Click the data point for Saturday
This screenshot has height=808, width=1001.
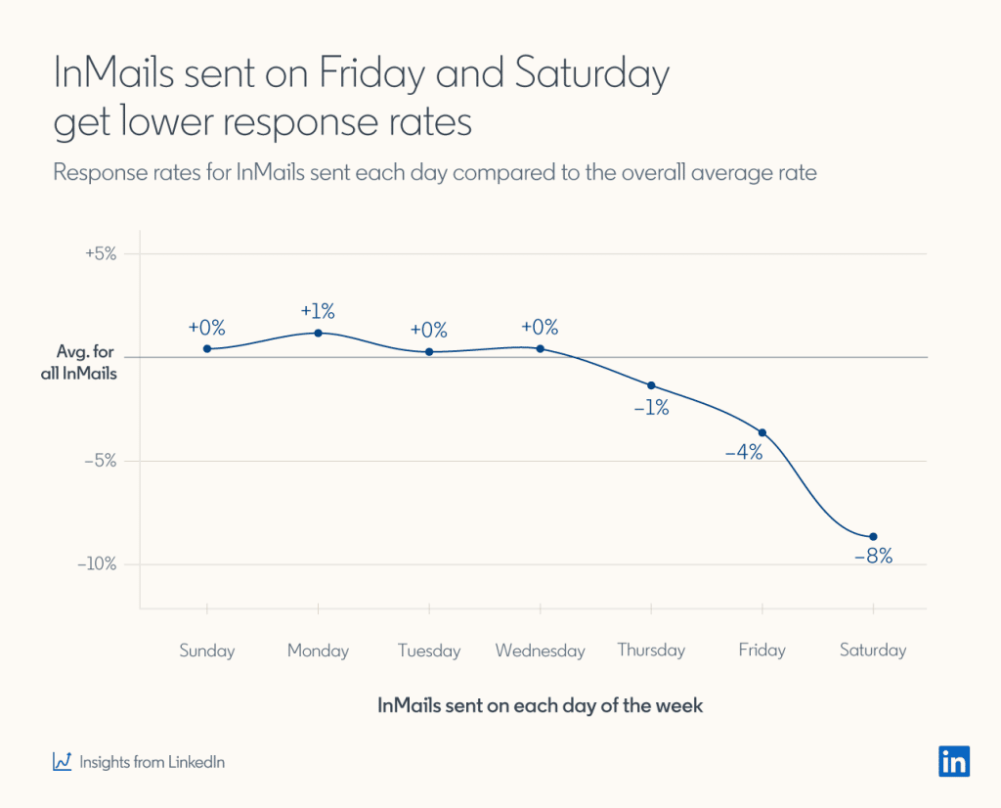click(873, 536)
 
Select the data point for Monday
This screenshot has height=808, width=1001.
click(319, 333)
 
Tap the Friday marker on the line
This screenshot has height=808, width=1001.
click(762, 432)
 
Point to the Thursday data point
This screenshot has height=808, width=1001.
click(651, 385)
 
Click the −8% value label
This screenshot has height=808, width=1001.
click(873, 557)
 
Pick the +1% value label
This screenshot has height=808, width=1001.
click(318, 311)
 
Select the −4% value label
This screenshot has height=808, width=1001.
click(743, 453)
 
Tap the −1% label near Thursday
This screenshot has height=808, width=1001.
click(650, 408)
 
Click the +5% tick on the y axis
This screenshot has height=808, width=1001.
click(100, 253)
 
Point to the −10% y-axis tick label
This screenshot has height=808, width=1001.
click(97, 564)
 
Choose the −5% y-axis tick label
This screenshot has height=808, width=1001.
click(100, 461)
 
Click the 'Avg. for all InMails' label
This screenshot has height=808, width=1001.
click(86, 363)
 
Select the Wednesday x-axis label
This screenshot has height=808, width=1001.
click(540, 651)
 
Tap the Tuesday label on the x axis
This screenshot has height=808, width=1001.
click(429, 651)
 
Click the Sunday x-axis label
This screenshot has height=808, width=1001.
click(207, 651)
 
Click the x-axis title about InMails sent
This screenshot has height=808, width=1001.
click(540, 705)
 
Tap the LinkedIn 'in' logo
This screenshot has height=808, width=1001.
click(954, 761)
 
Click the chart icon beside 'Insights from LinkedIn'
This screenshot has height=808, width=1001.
click(63, 761)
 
